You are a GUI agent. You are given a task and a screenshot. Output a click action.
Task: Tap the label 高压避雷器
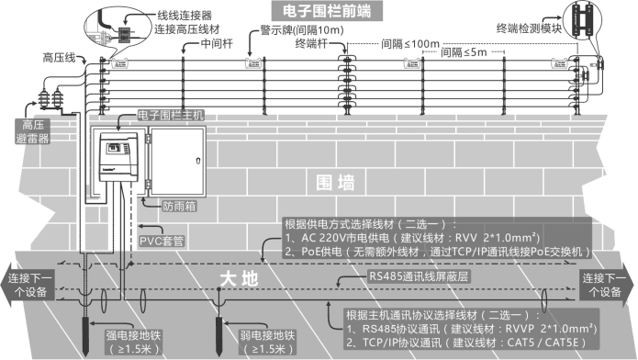click(29, 130)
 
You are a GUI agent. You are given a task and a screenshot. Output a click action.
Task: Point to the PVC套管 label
click(161, 242)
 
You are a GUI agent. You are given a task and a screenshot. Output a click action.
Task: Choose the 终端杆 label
click(312, 43)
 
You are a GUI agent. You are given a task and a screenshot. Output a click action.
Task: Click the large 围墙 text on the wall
click(335, 182)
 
